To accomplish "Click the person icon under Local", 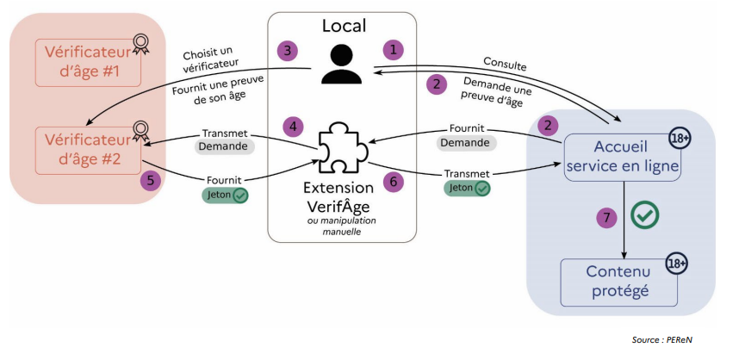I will pos(342,65).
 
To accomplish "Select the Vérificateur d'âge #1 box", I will pos(88,62).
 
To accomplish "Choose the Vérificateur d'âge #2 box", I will pos(88,149).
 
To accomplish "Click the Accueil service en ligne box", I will pos(623,156).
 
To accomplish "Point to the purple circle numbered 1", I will pos(394,49).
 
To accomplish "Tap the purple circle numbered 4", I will pos(295,127).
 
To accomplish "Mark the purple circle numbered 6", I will pos(393,182).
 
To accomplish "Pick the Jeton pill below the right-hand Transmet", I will pos(468,188).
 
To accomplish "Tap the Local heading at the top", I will pos(344,25).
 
